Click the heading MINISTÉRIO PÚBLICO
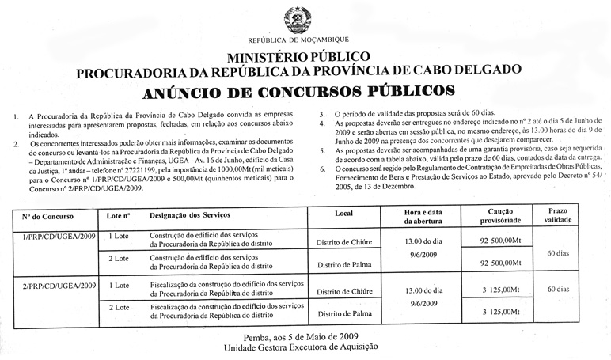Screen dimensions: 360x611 (299, 57)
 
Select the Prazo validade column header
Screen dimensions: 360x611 (557, 216)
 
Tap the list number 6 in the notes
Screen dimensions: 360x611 (321, 169)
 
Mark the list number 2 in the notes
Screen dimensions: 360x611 (17, 144)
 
